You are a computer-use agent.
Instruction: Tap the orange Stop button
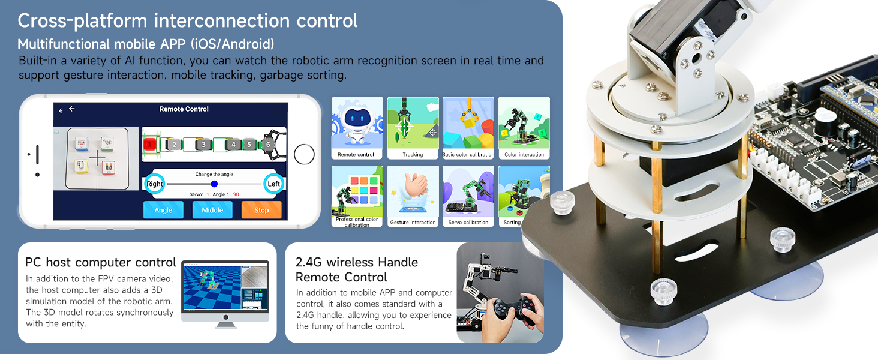[x=261, y=210]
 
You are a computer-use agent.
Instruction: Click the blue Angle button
[x=163, y=210]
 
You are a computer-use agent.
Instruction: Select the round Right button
[x=155, y=184]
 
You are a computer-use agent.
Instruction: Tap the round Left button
[x=273, y=184]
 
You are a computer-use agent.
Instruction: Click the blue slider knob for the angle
[x=214, y=184]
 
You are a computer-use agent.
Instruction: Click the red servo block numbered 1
[x=149, y=144]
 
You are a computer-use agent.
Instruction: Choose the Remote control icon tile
[x=357, y=128]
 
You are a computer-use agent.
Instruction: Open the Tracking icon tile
[x=413, y=128]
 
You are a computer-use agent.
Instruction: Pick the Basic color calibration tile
[x=468, y=128]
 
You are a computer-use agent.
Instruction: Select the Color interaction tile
[x=524, y=128]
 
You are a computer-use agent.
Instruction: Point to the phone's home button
[x=305, y=155]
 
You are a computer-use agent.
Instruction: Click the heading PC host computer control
[x=101, y=263]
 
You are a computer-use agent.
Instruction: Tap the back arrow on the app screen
[x=72, y=109]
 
